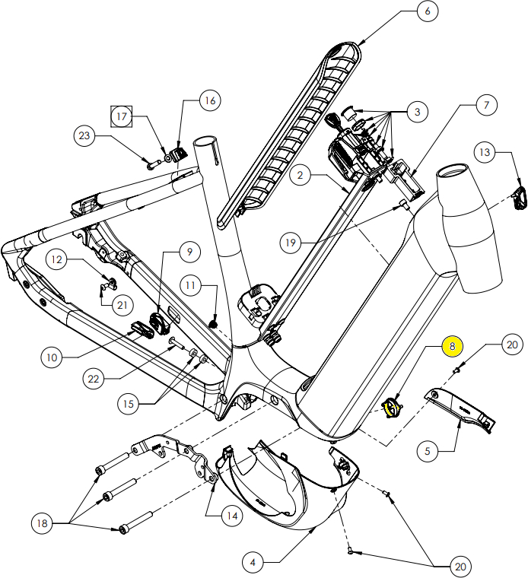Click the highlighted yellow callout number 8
[x=452, y=346]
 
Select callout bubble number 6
[x=427, y=11]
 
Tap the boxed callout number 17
[x=122, y=116]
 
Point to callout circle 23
[x=84, y=137]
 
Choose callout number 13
[x=484, y=153]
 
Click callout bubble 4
[x=253, y=563]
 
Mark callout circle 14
[x=231, y=516]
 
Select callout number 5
[x=427, y=450]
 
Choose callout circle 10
[x=52, y=356]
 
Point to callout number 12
[x=57, y=260]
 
